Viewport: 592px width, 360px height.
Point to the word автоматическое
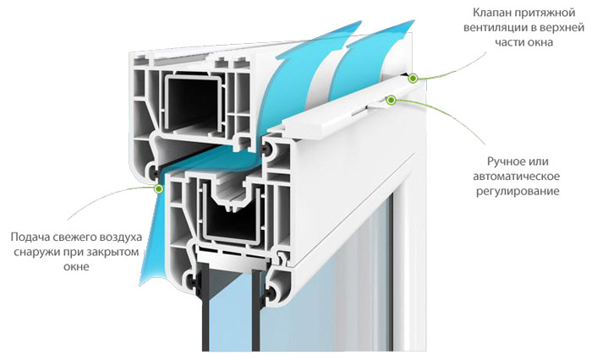[517, 177]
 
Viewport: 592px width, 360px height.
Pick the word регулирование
[518, 191]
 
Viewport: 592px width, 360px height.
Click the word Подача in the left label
[29, 237]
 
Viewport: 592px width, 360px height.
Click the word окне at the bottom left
[76, 267]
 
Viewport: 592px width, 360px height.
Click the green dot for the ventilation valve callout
[413, 78]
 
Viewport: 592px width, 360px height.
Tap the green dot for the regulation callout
[391, 100]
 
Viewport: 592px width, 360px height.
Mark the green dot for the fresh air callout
[159, 188]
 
